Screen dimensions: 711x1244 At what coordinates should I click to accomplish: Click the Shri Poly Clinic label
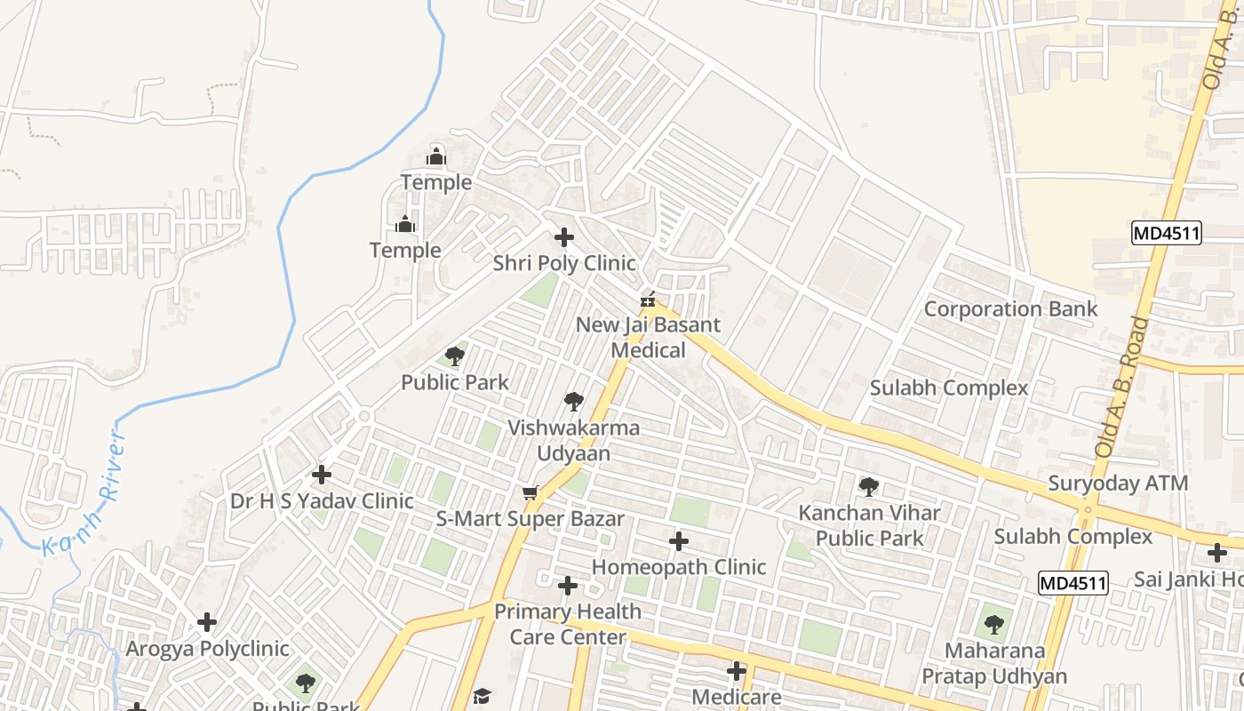[x=564, y=263]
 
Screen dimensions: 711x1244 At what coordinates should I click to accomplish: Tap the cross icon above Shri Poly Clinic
[x=564, y=237]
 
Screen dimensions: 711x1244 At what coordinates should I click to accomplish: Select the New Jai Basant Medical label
[x=648, y=337]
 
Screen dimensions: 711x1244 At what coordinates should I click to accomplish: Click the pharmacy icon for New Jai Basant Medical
[x=648, y=300]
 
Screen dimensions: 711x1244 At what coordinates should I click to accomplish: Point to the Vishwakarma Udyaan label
[x=573, y=440]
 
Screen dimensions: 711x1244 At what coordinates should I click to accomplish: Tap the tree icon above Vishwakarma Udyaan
[x=574, y=402]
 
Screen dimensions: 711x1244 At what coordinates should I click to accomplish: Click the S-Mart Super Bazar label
[x=530, y=518]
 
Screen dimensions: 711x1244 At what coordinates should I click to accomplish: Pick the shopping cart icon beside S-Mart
[x=530, y=492]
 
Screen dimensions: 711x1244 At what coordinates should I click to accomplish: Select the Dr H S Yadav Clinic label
[x=322, y=500]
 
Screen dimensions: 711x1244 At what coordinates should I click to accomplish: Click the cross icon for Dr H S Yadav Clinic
[x=322, y=475]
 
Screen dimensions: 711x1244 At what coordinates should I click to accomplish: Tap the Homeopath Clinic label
[x=679, y=566]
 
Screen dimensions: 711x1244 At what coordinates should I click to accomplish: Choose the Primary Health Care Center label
[x=568, y=624]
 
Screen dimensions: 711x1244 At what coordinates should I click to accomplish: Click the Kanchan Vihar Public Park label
[x=869, y=525]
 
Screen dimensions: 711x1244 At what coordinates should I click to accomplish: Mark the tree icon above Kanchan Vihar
[x=869, y=487]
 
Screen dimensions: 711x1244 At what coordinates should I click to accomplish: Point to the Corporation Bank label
[x=1011, y=308]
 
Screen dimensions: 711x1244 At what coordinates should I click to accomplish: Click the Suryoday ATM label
[x=1118, y=483]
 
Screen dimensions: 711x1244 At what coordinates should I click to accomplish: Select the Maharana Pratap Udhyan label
[x=994, y=663]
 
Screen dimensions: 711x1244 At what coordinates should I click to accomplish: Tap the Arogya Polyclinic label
[x=207, y=648]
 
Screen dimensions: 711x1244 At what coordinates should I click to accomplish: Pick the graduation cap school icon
[x=482, y=696]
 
